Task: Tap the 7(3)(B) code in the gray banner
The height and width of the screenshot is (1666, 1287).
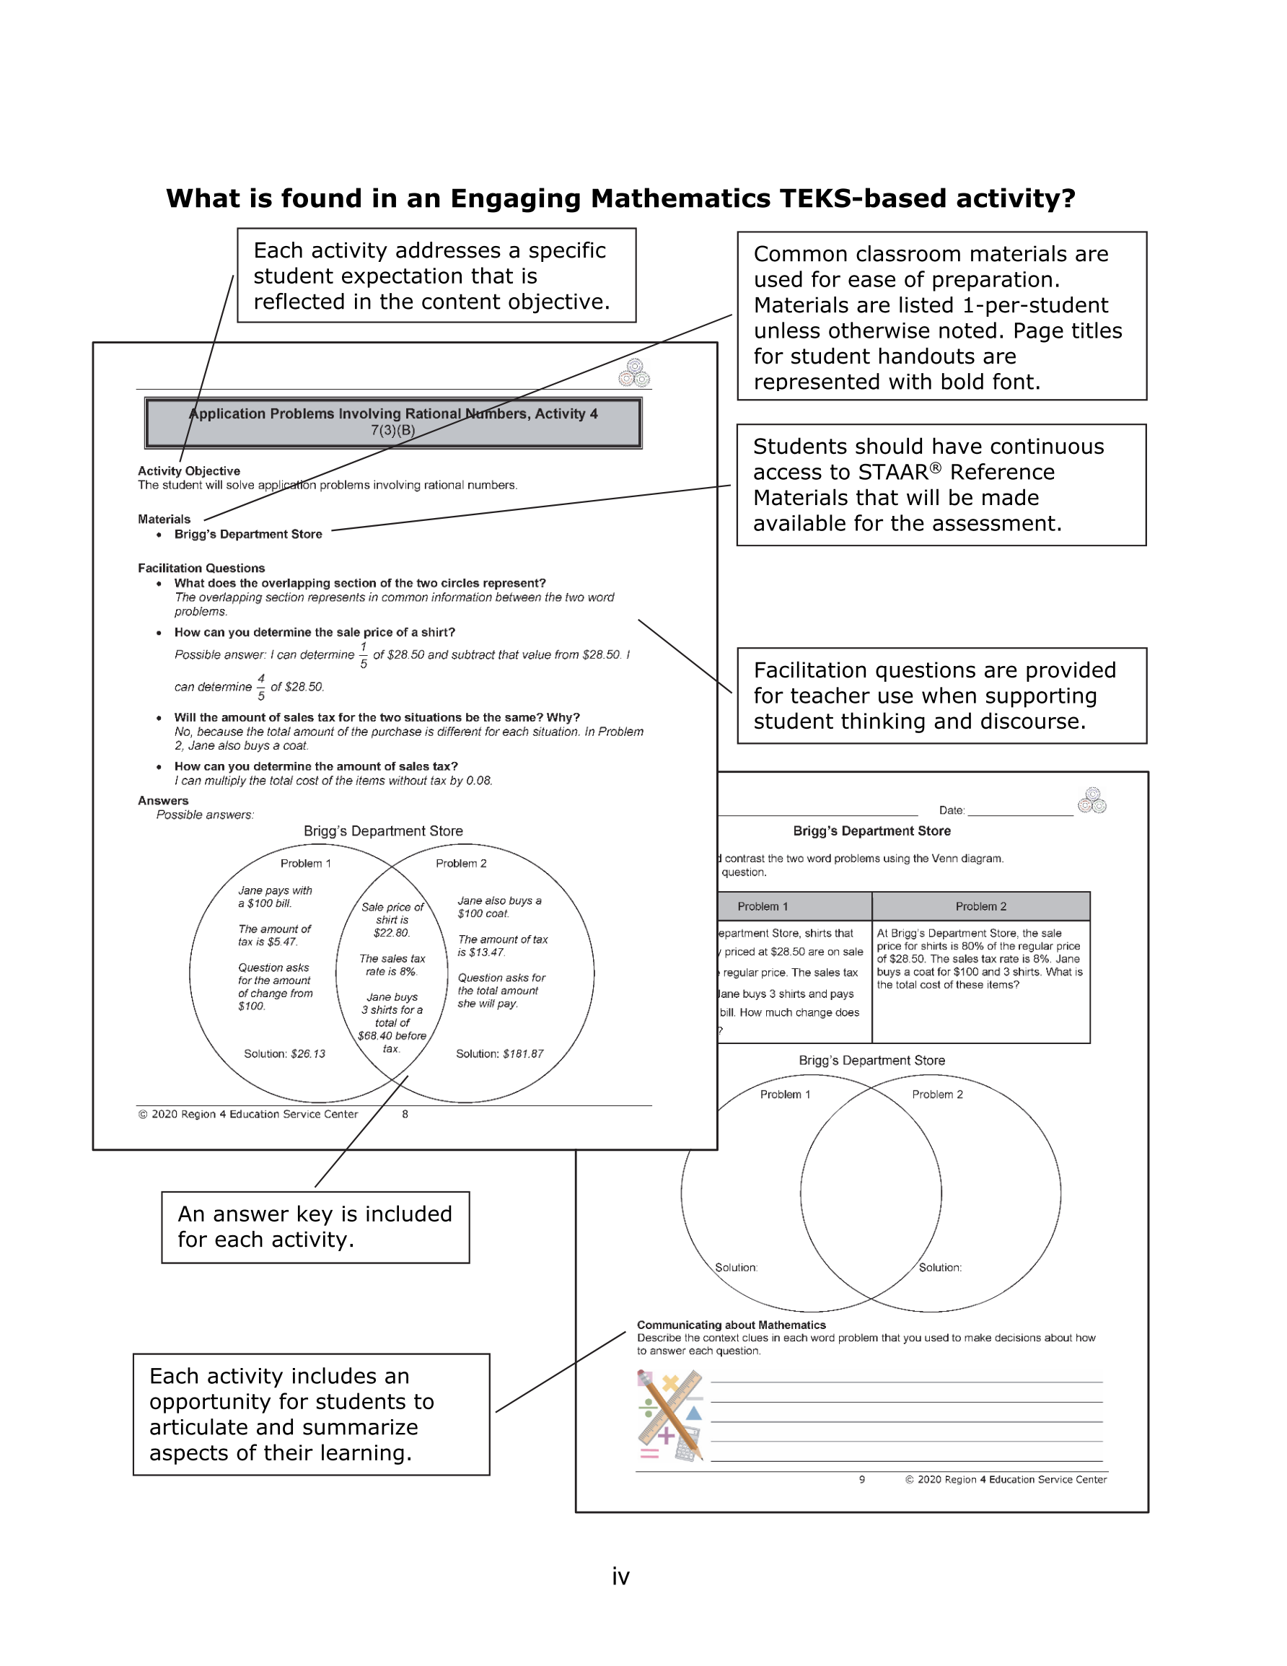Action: [x=393, y=430]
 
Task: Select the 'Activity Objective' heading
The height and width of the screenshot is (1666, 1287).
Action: [x=188, y=470]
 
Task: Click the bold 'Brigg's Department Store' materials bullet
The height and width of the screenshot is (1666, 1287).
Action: [x=248, y=534]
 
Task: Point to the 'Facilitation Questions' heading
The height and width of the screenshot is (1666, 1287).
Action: [x=201, y=569]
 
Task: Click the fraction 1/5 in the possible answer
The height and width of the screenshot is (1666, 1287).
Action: [x=363, y=655]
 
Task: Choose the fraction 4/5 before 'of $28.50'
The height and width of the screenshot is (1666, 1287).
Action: [x=261, y=688]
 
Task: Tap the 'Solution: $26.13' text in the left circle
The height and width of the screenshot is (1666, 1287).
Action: [x=284, y=1053]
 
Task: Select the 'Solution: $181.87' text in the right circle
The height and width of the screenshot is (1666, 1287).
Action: [x=500, y=1053]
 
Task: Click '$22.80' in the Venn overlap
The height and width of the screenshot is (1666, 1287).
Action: [x=391, y=933]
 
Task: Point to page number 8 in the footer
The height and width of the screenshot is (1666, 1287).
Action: [x=405, y=1115]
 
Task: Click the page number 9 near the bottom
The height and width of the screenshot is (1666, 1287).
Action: [x=862, y=1479]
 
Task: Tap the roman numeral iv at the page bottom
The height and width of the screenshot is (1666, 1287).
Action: [x=621, y=1576]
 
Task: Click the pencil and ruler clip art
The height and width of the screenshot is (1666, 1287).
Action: [x=669, y=1415]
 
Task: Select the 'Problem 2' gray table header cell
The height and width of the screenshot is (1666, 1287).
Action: [x=980, y=906]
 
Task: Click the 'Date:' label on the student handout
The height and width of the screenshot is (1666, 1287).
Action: [x=952, y=810]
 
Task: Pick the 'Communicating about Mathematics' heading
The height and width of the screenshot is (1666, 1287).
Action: [x=731, y=1325]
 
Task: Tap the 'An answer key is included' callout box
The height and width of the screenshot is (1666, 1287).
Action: [x=315, y=1227]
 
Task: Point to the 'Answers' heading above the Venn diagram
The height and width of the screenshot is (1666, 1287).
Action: [x=163, y=800]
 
